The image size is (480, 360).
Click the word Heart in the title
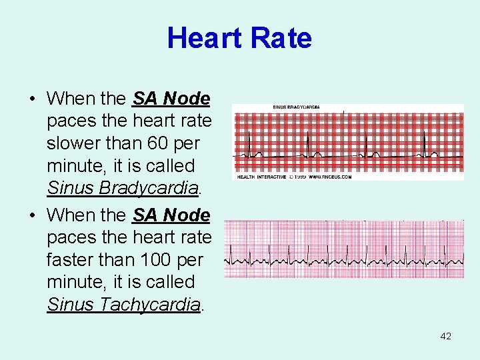[x=203, y=38]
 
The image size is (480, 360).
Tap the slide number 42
[x=446, y=336]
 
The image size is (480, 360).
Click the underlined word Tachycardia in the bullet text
[x=150, y=305]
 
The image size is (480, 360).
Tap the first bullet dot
[x=32, y=99]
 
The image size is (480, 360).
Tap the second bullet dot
[x=32, y=216]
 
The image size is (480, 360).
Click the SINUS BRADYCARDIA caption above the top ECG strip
[x=296, y=107]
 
